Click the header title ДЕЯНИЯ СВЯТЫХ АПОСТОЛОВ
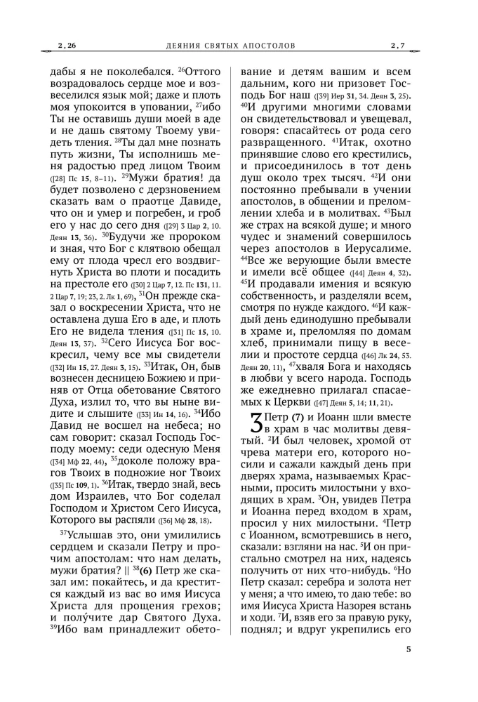point(227,46)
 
